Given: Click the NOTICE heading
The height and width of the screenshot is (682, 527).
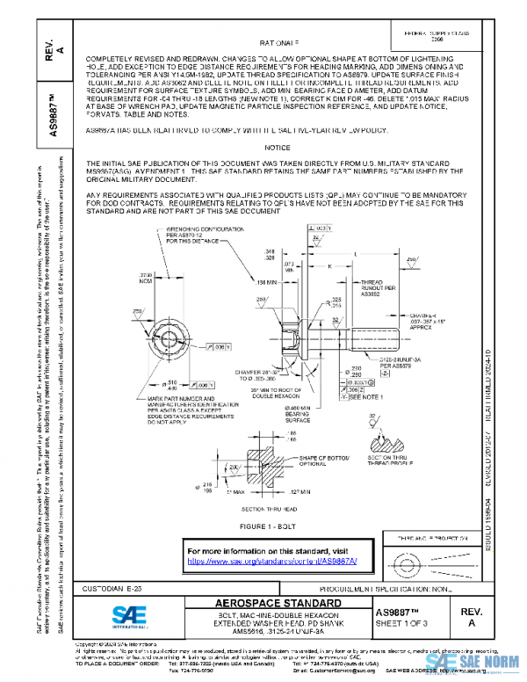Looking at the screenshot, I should point(277,148).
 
